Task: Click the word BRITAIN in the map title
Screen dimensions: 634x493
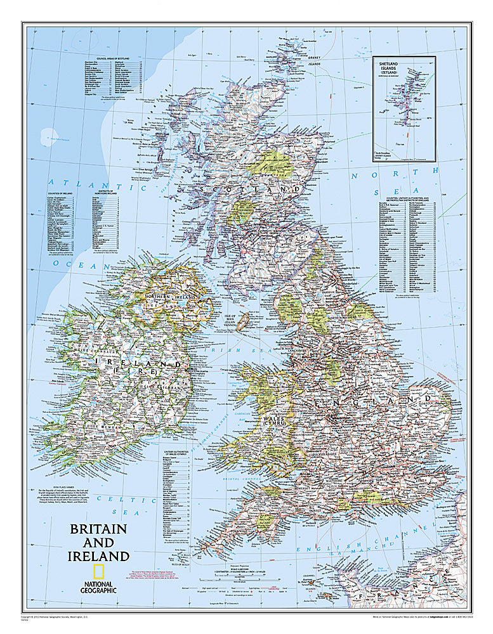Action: (98, 529)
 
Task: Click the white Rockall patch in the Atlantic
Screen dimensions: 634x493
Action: (48, 135)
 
